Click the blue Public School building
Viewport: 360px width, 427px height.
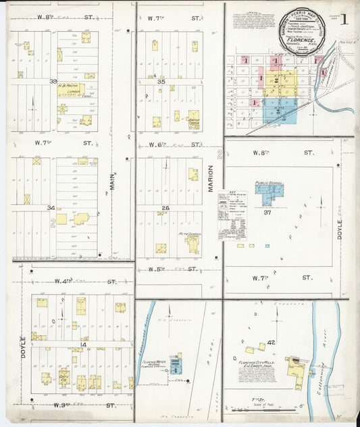click(269, 193)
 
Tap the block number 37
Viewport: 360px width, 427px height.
click(267, 212)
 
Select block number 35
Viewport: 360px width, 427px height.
click(161, 81)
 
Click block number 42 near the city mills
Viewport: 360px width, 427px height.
click(271, 343)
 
